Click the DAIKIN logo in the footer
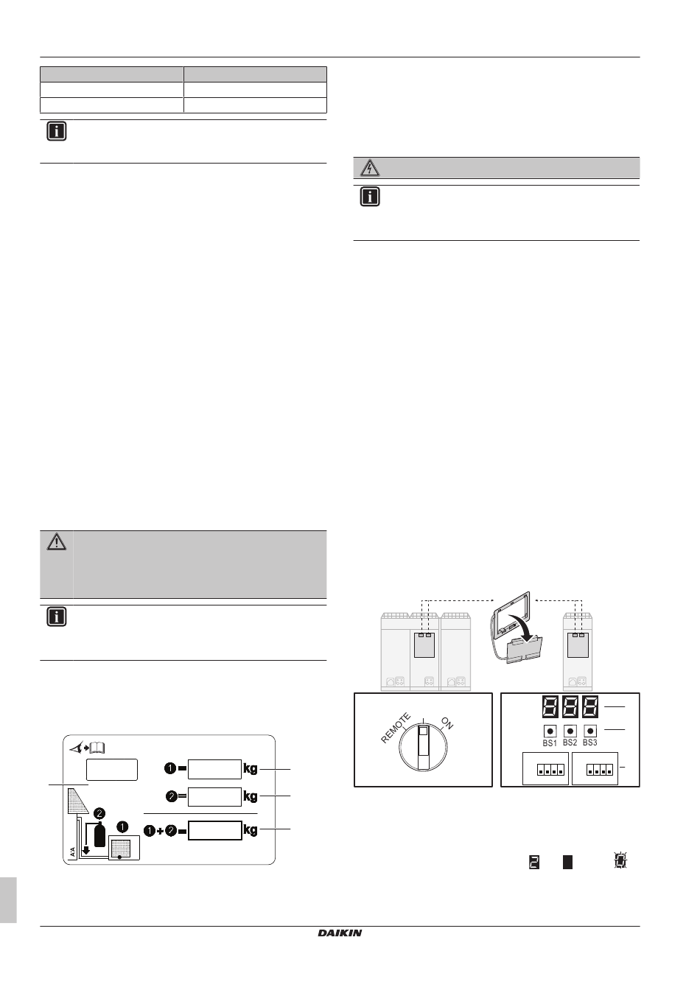[340, 933]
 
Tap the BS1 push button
[550, 731]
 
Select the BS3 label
[590, 742]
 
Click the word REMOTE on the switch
[396, 728]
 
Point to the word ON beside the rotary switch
[447, 723]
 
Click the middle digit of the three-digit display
[570, 707]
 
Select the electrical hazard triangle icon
[370, 168]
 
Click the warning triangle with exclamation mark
[57, 541]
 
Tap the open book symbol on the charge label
[97, 748]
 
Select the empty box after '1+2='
[215, 830]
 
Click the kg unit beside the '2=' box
[251, 796]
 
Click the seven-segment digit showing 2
[534, 862]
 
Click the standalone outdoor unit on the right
[578, 652]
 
